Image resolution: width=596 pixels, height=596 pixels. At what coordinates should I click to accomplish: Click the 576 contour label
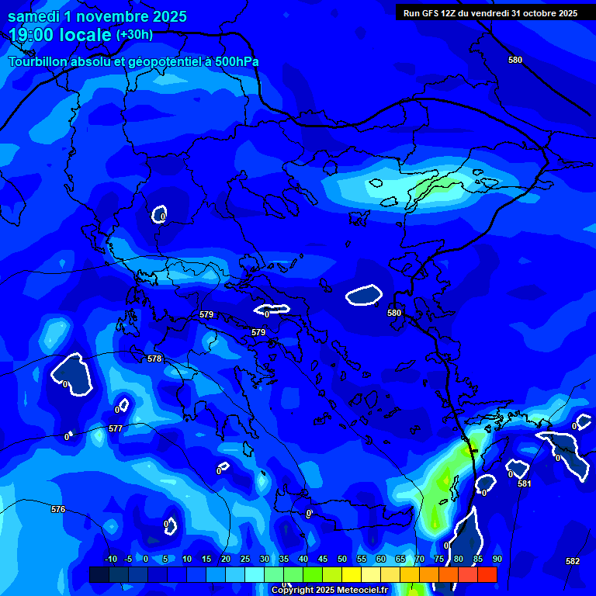58,509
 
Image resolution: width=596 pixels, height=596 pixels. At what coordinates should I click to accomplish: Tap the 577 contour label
116,428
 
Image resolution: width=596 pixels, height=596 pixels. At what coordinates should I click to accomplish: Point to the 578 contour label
154,359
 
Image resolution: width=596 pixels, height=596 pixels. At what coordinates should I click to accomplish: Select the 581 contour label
525,483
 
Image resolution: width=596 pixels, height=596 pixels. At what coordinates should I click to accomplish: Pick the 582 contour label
573,561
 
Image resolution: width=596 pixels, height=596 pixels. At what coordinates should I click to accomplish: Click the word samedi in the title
36,16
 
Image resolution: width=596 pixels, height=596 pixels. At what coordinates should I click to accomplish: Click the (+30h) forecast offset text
134,35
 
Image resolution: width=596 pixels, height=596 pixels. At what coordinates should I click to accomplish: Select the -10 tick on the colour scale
110,559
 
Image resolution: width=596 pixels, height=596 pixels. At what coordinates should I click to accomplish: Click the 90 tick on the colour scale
497,559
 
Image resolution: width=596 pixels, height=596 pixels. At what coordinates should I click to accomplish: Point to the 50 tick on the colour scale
341,559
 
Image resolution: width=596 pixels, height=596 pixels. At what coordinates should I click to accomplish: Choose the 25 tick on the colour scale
245,559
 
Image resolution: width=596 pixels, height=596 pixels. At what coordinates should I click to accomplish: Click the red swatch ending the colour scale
487,574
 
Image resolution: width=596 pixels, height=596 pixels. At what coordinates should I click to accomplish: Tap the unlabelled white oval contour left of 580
364,295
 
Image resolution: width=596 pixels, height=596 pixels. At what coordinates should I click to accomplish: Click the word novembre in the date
111,16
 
